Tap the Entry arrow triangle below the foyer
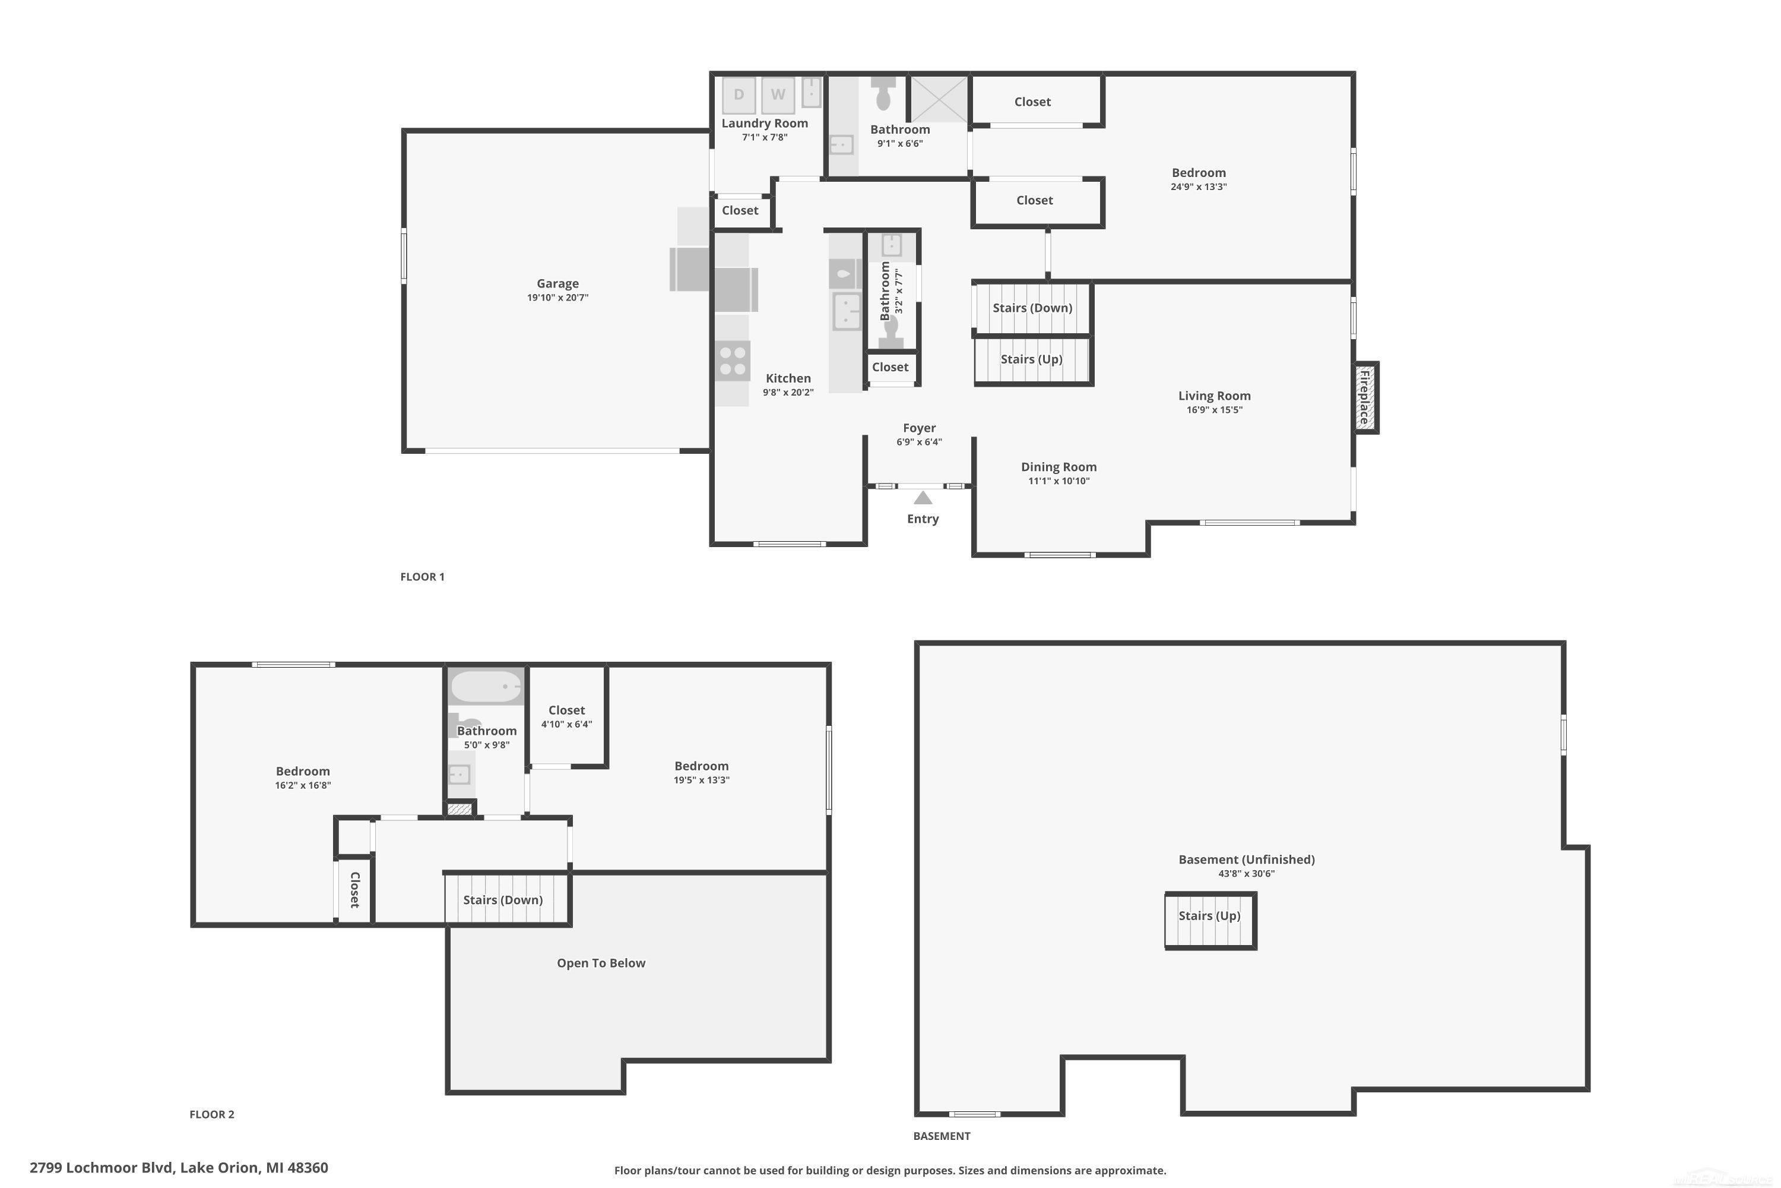pyautogui.click(x=923, y=498)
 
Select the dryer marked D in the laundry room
pyautogui.click(x=739, y=94)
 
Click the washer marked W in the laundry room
pyautogui.click(x=778, y=94)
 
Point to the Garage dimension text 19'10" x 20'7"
pyautogui.click(x=557, y=298)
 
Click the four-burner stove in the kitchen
pyautogui.click(x=732, y=361)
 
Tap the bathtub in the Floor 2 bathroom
pyautogui.click(x=486, y=687)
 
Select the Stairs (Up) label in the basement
pyautogui.click(x=1209, y=915)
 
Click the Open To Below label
pyautogui.click(x=600, y=963)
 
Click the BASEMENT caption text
pyautogui.click(x=941, y=1136)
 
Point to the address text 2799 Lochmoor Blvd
pyautogui.click(x=179, y=1168)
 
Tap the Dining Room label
pyautogui.click(x=1059, y=467)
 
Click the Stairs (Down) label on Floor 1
pyautogui.click(x=1032, y=308)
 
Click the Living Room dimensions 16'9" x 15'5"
pyautogui.click(x=1214, y=410)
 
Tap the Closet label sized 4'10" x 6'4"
pyautogui.click(x=566, y=710)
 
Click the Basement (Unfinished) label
pyautogui.click(x=1246, y=859)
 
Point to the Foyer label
pyautogui.click(x=919, y=428)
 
